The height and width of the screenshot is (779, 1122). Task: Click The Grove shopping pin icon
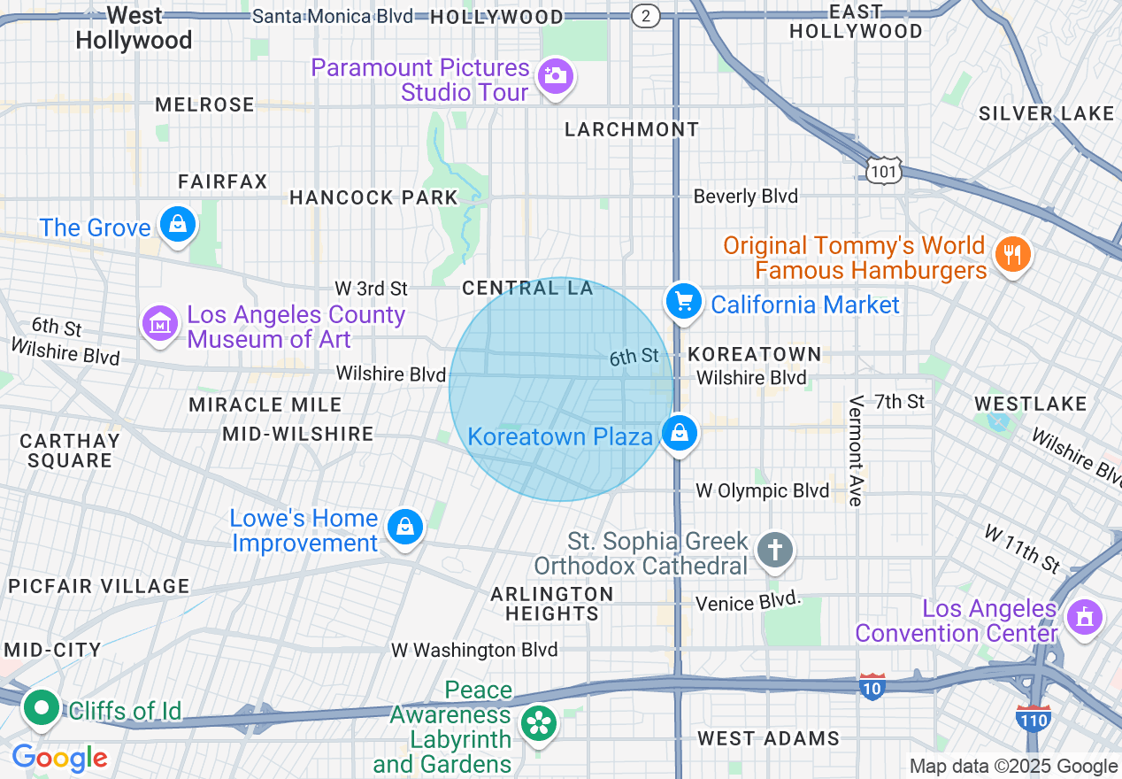[x=178, y=225]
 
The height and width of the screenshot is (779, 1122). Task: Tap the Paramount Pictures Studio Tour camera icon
[x=555, y=76]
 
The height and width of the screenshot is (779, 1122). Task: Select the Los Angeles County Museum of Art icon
[x=159, y=323]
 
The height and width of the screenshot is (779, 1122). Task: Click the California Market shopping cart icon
[x=683, y=302]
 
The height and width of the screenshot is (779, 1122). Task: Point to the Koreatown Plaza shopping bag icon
[x=679, y=433]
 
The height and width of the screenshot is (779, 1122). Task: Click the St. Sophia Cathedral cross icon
[x=774, y=550]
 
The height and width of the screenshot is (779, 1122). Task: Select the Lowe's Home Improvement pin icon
[x=404, y=527]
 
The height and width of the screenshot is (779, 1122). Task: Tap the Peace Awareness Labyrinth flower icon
[x=536, y=723]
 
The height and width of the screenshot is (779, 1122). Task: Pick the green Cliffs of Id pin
[x=41, y=708]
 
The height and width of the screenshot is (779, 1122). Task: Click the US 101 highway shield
[x=884, y=170]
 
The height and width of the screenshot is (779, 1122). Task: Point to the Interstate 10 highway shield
[x=872, y=686]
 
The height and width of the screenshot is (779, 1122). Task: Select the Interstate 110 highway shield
[x=1033, y=717]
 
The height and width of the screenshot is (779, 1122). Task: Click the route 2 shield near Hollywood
[x=647, y=16]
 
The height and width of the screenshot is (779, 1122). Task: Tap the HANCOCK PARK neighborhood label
[x=373, y=197]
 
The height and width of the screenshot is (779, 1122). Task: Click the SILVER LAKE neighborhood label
[x=1046, y=113]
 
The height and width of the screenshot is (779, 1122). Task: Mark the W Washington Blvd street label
[x=474, y=651]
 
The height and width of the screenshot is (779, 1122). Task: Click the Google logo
[x=59, y=759]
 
